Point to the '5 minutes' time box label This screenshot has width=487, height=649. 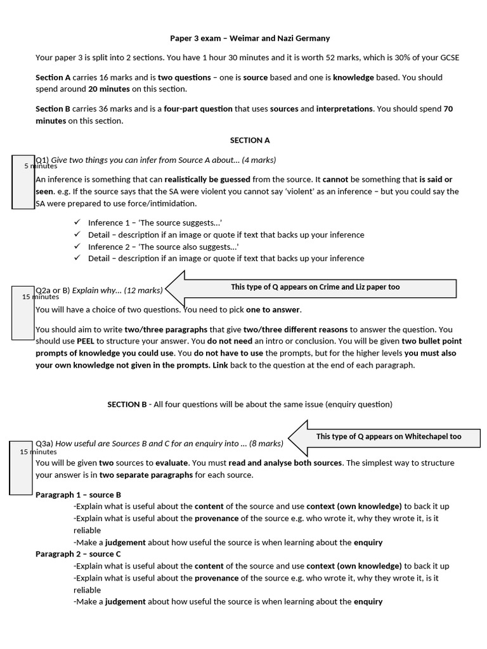[x=41, y=166]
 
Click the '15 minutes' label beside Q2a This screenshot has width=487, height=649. [x=41, y=297]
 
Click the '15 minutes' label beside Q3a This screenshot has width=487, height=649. [x=38, y=452]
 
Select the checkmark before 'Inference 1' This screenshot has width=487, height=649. [x=77, y=222]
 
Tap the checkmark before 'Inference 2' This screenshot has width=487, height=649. [x=77, y=246]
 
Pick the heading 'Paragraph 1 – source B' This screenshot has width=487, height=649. [x=78, y=494]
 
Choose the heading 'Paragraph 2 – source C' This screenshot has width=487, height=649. [x=78, y=554]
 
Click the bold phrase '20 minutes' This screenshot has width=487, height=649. [x=109, y=89]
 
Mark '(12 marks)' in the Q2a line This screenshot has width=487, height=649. [x=143, y=290]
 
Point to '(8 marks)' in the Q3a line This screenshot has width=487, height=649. [x=266, y=444]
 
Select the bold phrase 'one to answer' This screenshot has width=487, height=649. [x=273, y=310]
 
